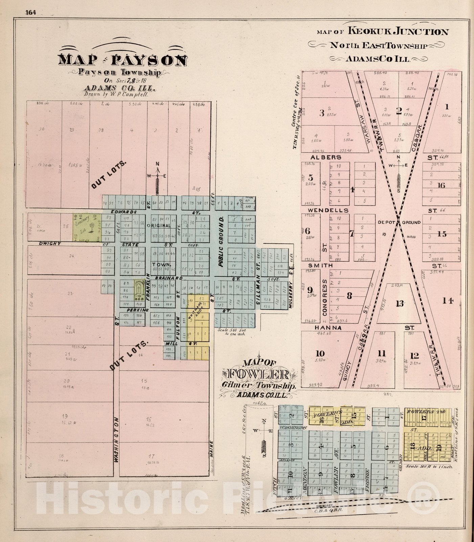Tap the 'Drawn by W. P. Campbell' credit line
tap(116, 95)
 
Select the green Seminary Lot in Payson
tap(87, 227)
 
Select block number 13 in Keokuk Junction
tap(400, 304)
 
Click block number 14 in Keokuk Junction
tap(447, 300)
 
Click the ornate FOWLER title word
tap(259, 374)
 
